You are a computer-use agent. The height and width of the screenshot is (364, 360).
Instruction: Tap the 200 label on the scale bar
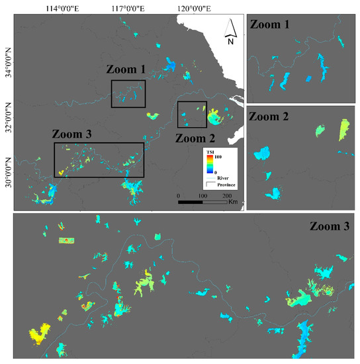click(x=226, y=196)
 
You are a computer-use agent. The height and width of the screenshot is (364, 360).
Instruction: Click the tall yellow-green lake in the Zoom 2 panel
click(x=343, y=129)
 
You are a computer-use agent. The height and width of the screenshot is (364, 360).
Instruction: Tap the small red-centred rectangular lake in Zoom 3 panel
click(x=67, y=240)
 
